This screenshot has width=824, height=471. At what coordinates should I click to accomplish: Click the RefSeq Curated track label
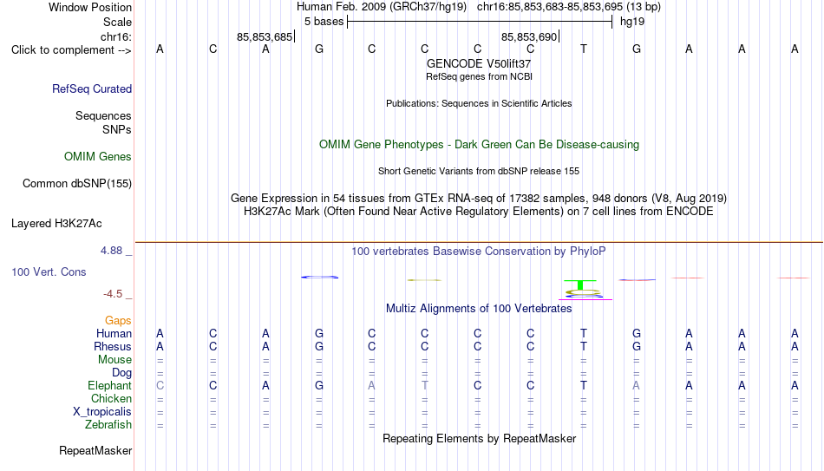click(x=92, y=88)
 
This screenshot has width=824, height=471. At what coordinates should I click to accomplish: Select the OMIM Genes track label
click(x=98, y=157)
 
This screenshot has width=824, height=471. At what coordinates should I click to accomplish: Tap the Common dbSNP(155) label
click(x=77, y=184)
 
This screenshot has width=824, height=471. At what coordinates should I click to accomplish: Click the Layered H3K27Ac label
click(x=56, y=224)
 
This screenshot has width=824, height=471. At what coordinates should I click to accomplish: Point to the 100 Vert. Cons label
click(x=49, y=271)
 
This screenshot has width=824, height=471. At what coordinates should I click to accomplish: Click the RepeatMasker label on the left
click(x=95, y=450)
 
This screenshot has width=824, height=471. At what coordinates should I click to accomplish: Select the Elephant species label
click(x=110, y=385)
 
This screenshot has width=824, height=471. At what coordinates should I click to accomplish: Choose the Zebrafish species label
click(x=108, y=424)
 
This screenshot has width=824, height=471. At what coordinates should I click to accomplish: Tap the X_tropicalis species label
click(x=102, y=412)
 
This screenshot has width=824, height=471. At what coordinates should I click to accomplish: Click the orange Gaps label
click(x=118, y=320)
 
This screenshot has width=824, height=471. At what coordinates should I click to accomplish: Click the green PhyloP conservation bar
click(x=580, y=285)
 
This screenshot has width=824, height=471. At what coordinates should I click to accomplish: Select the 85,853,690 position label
click(x=529, y=36)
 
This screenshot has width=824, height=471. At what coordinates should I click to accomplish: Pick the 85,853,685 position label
click(x=265, y=36)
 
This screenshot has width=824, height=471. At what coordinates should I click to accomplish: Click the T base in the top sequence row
click(x=584, y=49)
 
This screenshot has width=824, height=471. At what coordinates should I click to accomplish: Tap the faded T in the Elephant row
click(x=425, y=385)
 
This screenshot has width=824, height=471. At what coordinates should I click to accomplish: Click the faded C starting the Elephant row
click(x=160, y=385)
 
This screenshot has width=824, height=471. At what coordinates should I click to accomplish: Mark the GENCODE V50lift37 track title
click(x=479, y=63)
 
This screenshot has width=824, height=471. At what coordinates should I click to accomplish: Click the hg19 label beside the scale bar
click(x=632, y=22)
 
